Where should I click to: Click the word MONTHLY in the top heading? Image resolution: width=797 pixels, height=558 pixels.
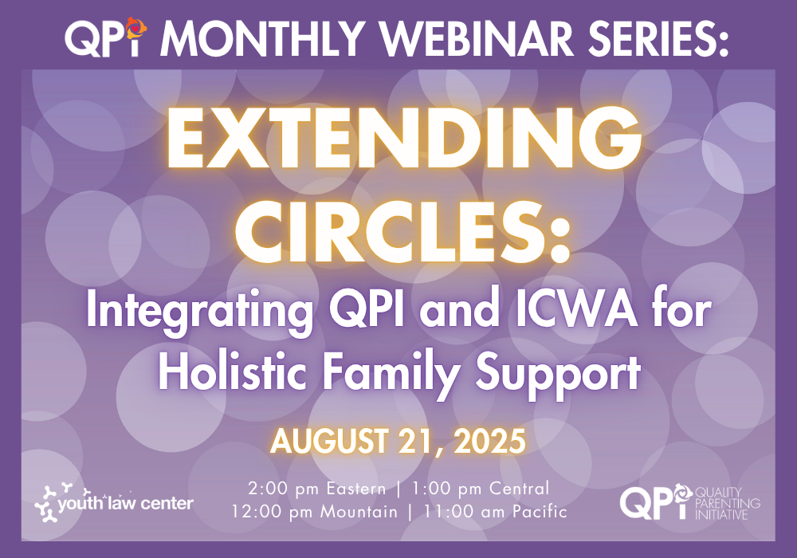coord(263,38)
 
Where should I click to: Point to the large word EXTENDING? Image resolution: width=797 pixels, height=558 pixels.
coord(404,137)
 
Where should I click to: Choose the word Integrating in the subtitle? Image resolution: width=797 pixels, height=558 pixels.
coord(200,311)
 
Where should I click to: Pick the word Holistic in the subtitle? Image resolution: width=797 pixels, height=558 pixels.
coord(232,372)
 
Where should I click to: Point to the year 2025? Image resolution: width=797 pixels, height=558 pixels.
coord(489,441)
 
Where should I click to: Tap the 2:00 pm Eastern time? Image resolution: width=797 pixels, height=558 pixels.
coord(317,489)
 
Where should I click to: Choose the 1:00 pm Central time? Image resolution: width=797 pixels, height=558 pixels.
coord(481,489)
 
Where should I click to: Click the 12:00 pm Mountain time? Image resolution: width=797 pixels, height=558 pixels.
coord(315,511)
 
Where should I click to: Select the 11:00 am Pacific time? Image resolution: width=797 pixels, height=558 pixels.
coord(496,511)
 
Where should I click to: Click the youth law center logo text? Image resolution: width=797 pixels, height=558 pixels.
coord(126,503)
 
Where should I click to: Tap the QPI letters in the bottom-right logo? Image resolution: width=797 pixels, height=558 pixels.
coord(654,502)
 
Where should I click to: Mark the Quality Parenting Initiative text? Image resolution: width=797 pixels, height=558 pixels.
coord(728,503)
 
